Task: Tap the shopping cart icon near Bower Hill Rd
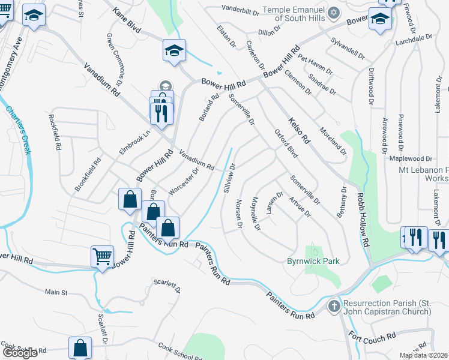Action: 102,257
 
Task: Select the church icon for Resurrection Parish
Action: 334,307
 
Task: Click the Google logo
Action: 20,353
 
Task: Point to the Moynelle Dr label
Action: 256,214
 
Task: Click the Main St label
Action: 56,292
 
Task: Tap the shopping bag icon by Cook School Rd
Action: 80,347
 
